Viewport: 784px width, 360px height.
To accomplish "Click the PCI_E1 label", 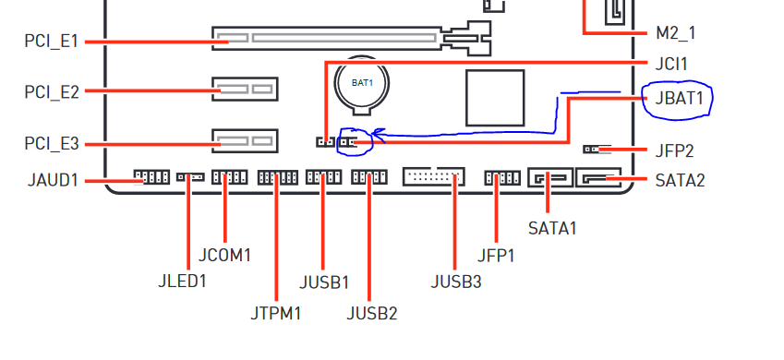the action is (x=52, y=41).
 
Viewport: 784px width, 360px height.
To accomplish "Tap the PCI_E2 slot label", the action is (x=52, y=91).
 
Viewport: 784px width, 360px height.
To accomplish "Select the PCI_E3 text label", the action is (x=52, y=144).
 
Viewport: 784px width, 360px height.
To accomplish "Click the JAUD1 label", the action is (x=53, y=180).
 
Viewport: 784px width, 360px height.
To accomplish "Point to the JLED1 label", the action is (x=182, y=281).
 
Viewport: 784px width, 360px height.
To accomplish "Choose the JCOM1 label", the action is (x=224, y=255).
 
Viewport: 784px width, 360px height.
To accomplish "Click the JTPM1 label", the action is (x=276, y=314).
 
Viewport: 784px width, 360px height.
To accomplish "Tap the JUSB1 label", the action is (x=324, y=282).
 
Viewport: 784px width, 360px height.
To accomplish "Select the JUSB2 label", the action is (x=372, y=314).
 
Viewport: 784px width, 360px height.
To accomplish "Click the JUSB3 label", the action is (x=456, y=282).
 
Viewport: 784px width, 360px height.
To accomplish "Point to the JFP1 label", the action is (x=496, y=256).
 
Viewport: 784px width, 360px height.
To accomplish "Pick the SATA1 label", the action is (x=552, y=229).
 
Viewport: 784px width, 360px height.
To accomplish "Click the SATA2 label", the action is (x=680, y=181).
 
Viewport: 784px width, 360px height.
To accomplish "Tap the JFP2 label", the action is (x=674, y=150).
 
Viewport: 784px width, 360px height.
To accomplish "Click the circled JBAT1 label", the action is (x=679, y=99).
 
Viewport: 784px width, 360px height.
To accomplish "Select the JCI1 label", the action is (x=671, y=64).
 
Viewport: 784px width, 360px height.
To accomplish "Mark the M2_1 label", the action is (x=675, y=33).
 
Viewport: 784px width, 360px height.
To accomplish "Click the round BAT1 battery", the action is (x=362, y=82).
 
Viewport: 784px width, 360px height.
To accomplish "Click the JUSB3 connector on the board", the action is (x=434, y=176).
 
